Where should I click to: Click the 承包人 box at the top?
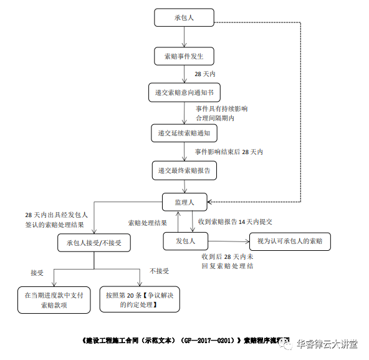[184, 17]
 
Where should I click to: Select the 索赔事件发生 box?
[184, 56]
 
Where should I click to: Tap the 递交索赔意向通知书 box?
[184, 93]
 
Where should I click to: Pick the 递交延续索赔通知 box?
[184, 133]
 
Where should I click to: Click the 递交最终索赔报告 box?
[184, 170]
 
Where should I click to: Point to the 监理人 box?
[184, 202]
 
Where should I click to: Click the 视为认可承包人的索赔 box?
[289, 241]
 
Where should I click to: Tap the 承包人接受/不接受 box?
[94, 242]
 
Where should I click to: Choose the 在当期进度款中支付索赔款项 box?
[54, 299]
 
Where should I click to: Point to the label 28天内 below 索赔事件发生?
[204, 74]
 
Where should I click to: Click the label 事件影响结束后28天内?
[229, 152]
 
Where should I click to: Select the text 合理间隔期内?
[214, 117]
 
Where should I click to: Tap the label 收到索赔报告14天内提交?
[235, 221]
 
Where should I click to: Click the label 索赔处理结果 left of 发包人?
[147, 223]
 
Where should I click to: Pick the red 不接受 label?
[159, 271]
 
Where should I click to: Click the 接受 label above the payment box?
[37, 272]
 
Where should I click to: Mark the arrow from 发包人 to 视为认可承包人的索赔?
[228, 241]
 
